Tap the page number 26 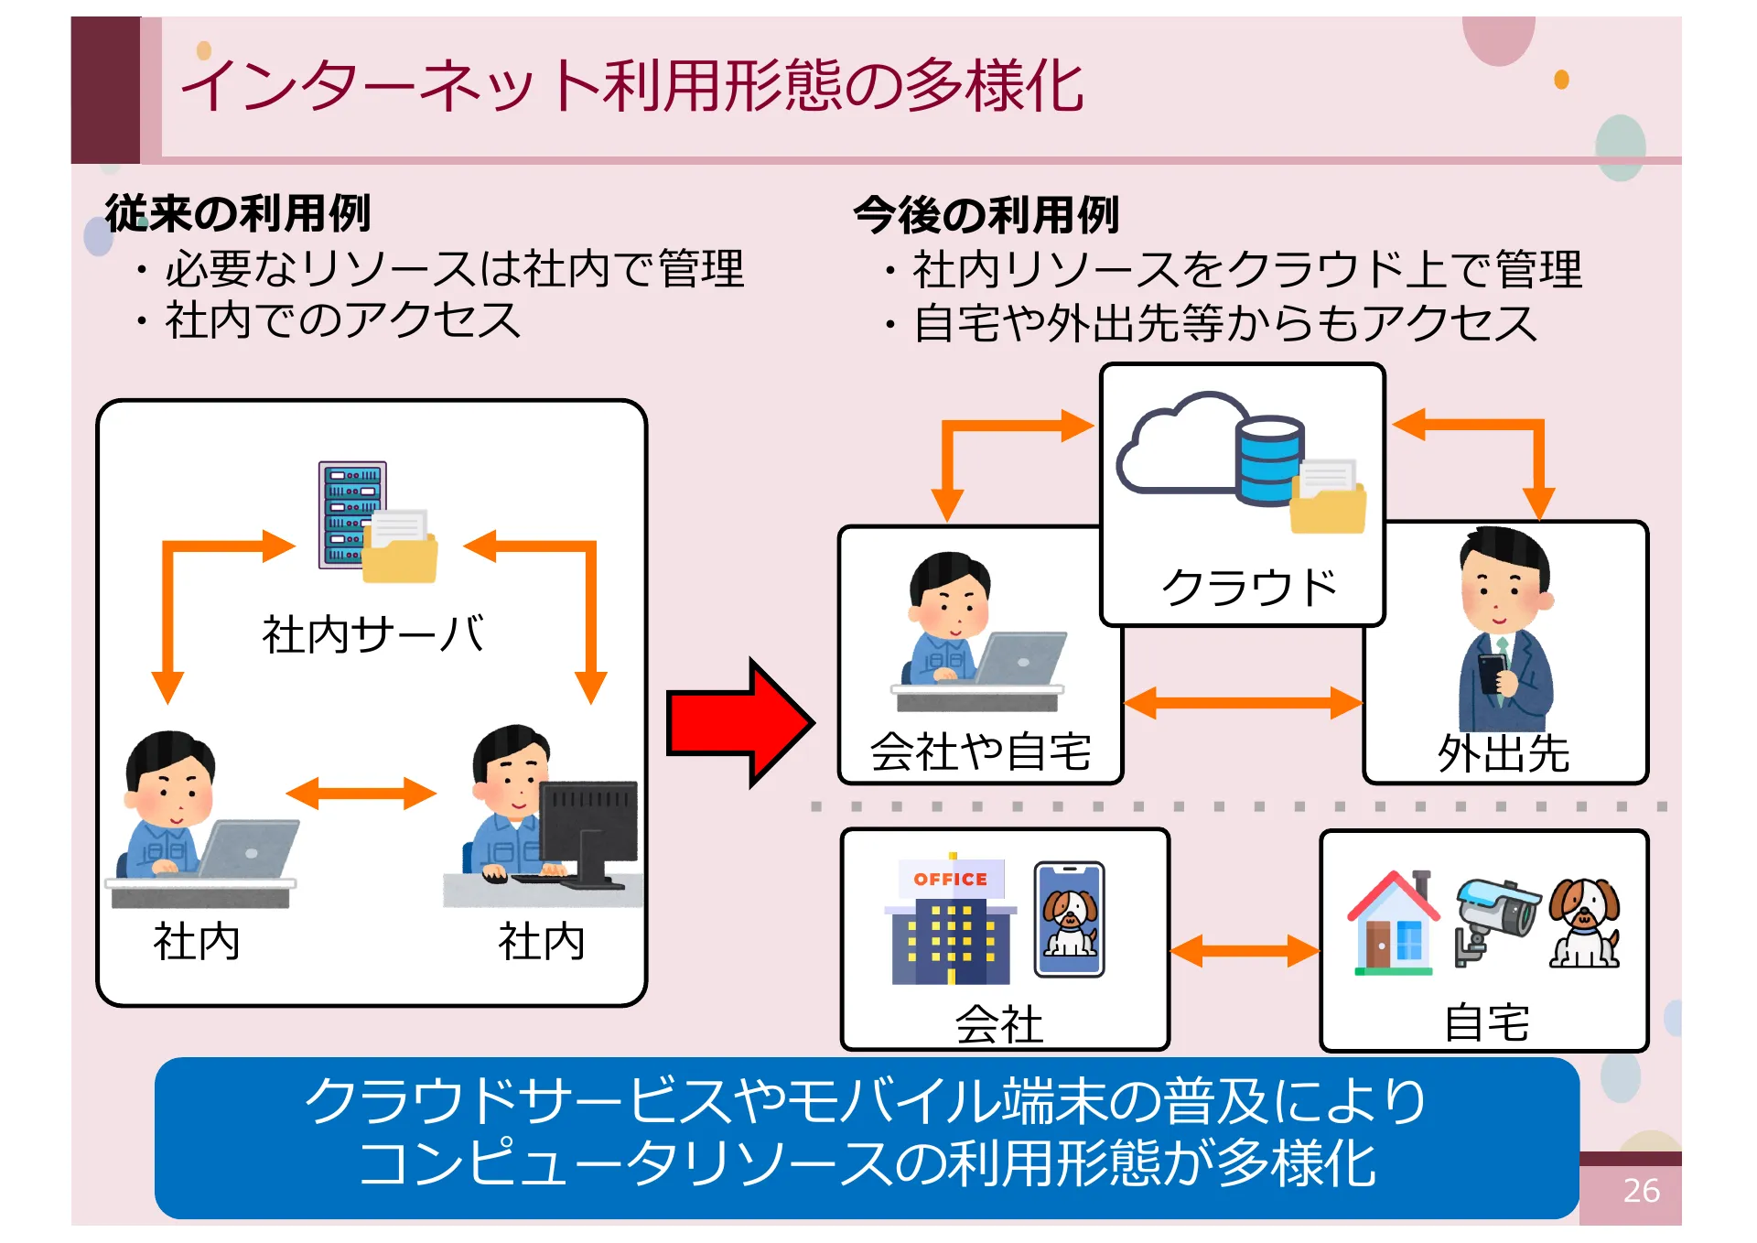[x=1640, y=1190]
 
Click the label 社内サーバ [x=372, y=634]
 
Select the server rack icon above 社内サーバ [x=352, y=515]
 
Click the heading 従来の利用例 [x=238, y=214]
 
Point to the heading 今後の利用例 [x=986, y=216]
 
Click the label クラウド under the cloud [x=1248, y=587]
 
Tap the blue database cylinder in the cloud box [x=1269, y=460]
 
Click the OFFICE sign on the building [x=951, y=879]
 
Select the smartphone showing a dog [x=1069, y=918]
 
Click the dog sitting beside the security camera [x=1585, y=923]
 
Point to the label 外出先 [x=1503, y=754]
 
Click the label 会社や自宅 [x=980, y=752]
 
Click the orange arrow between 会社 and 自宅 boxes [x=1245, y=950]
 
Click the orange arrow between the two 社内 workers [x=361, y=794]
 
